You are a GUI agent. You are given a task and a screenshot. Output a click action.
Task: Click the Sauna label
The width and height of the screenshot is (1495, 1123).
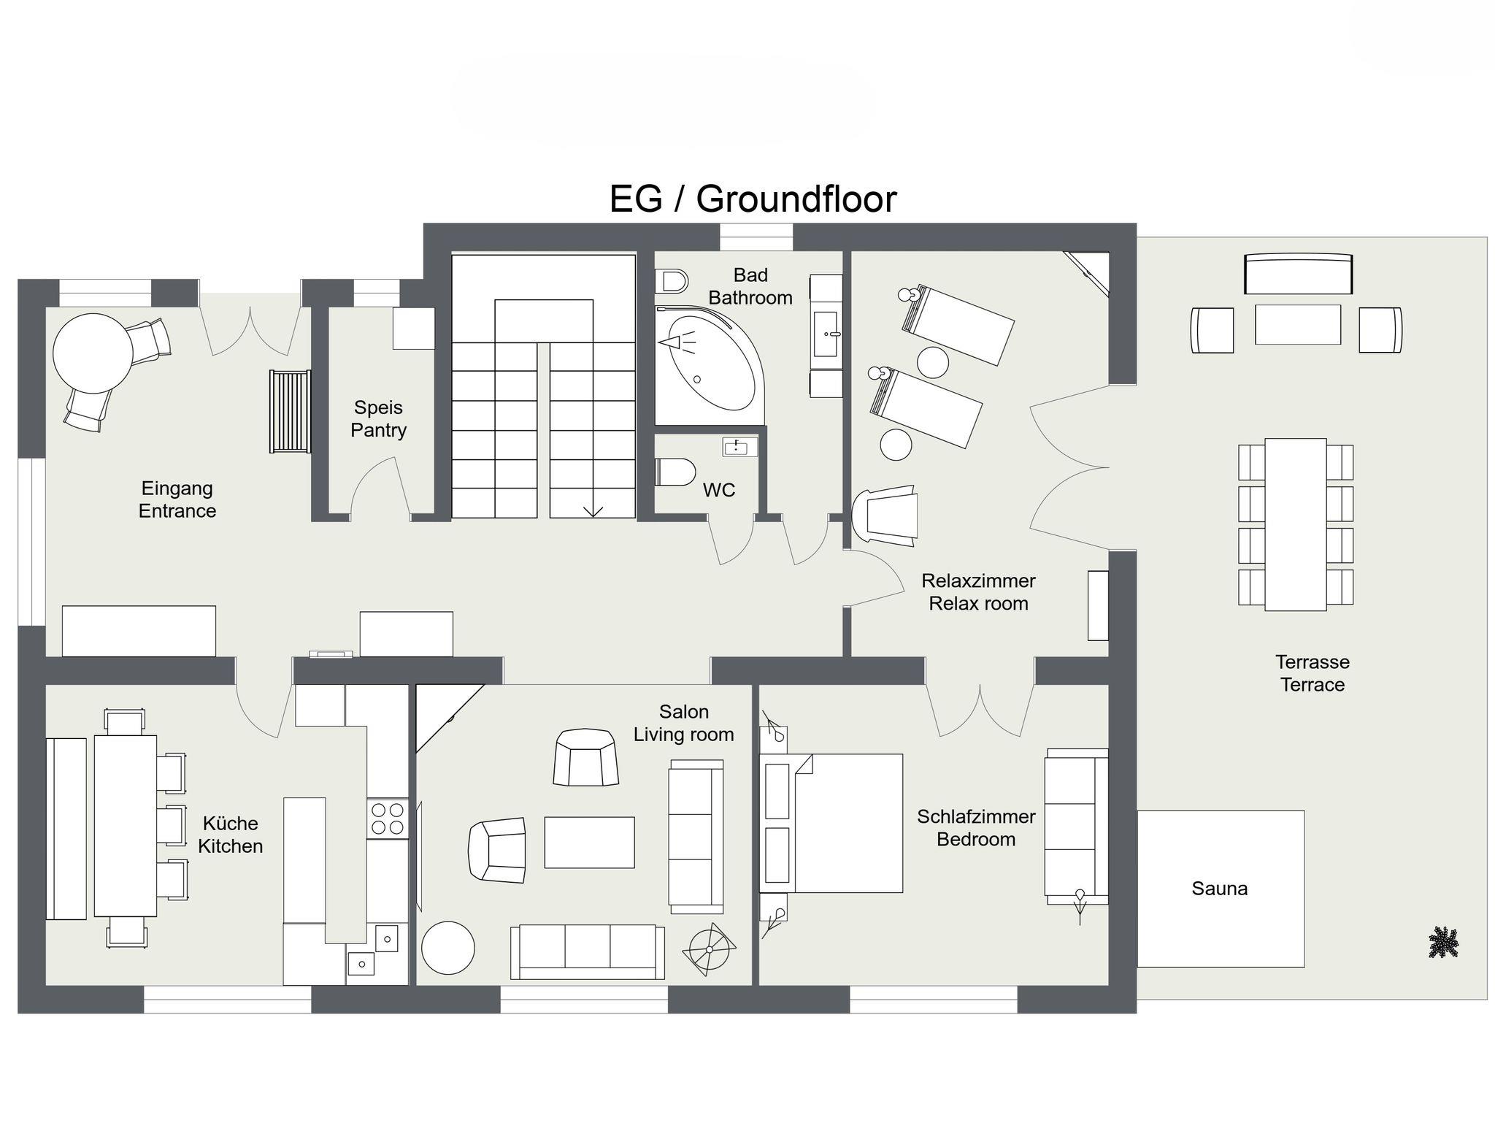point(1219,889)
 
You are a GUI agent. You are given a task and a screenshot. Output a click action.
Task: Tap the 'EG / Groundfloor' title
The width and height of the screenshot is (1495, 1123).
point(753,199)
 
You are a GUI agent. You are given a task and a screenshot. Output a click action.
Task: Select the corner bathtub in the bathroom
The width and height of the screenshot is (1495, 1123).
point(709,365)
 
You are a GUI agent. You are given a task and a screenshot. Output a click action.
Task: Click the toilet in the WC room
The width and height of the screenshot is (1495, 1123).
point(675,472)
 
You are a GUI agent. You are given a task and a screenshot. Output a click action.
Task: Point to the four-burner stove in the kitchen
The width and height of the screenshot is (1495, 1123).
point(388,818)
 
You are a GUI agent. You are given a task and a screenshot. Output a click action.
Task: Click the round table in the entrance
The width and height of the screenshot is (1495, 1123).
point(93,353)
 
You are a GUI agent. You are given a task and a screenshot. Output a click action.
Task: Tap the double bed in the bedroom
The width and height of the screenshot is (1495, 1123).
point(831,823)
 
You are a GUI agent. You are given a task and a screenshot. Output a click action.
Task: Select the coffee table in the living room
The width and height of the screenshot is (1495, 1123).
point(589,842)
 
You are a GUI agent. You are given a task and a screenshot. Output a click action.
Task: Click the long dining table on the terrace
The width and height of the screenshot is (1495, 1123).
point(1296,524)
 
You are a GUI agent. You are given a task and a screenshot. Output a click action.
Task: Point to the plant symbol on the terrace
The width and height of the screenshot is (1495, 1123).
point(1443,942)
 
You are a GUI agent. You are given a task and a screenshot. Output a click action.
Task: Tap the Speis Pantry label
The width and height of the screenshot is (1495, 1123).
point(378,418)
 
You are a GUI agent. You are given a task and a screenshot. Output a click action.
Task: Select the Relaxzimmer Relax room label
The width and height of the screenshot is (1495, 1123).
point(978,592)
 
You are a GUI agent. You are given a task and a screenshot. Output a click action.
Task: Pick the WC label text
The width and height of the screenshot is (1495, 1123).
point(719,490)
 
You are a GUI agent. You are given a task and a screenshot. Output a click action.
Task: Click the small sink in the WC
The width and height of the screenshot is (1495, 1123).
point(740,447)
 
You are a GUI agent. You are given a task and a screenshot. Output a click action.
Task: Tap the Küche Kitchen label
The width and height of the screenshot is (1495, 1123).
point(231,835)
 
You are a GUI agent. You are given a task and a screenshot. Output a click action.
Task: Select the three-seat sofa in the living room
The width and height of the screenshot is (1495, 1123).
point(588,951)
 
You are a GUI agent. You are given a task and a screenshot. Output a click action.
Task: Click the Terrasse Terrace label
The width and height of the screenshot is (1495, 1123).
point(1313,673)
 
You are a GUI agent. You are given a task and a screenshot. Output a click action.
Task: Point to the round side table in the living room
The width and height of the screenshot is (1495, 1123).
point(448,948)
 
